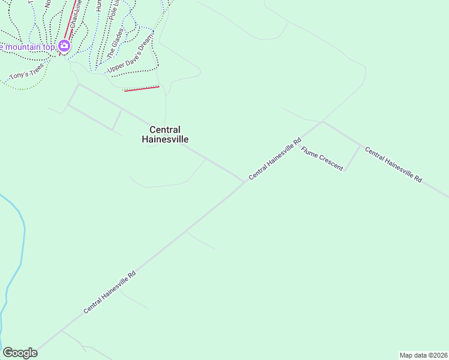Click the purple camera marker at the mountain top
click(x=64, y=46)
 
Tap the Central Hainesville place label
click(x=165, y=134)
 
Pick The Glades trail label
click(x=116, y=42)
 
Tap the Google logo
click(x=20, y=353)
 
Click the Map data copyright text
click(x=423, y=355)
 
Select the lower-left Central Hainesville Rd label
click(x=110, y=291)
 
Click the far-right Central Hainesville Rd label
click(x=394, y=165)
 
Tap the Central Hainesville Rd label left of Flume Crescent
click(x=274, y=158)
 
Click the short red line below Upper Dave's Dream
click(x=142, y=89)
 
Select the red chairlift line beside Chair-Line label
click(x=67, y=27)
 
